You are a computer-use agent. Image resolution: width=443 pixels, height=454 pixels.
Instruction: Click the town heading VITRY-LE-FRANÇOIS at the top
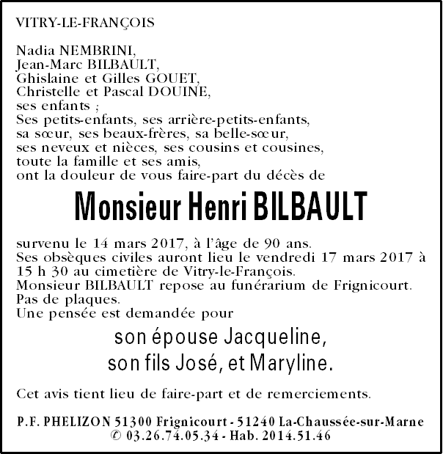coord(86,23)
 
